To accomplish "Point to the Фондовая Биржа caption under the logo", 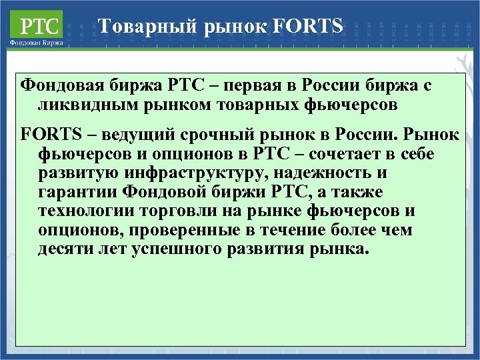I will pos(37,42).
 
